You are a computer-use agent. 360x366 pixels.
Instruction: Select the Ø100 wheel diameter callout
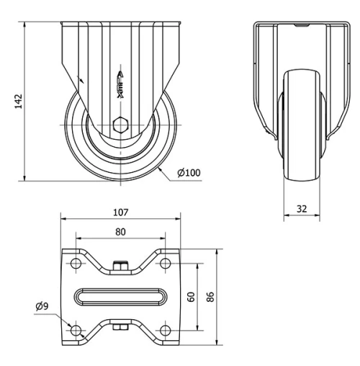click(x=188, y=172)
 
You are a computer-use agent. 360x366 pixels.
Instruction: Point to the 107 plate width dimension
click(x=120, y=213)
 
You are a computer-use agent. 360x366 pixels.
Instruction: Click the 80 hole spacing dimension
click(x=120, y=232)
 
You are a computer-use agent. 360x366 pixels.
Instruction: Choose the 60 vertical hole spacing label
click(x=192, y=296)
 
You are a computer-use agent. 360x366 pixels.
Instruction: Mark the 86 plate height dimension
click(x=211, y=296)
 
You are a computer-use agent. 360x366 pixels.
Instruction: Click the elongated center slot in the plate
click(x=120, y=296)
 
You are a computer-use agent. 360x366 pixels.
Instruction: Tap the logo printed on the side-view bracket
click(x=120, y=86)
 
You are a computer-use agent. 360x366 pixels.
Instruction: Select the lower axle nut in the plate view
click(x=120, y=329)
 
